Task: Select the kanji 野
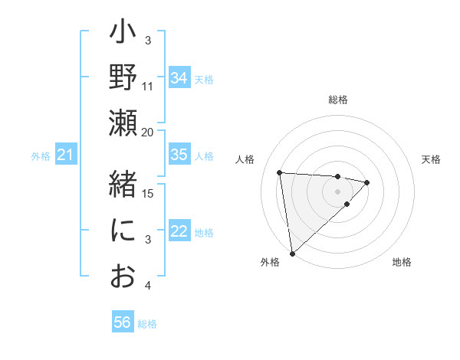tap(123, 77)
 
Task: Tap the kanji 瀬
tap(123, 123)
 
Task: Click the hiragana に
tap(123, 231)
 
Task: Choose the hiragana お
tap(123, 277)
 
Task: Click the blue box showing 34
tap(179, 78)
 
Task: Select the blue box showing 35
tap(179, 155)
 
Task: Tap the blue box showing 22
tap(179, 232)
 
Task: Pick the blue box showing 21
tap(65, 155)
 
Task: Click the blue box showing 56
tap(122, 322)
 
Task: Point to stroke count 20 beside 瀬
tap(148, 132)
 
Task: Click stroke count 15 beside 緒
tap(148, 193)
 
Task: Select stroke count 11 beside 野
tap(148, 86)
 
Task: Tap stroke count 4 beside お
tap(148, 286)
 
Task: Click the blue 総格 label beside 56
tap(147, 324)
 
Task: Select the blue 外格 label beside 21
tap(41, 156)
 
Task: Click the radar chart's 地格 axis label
tap(402, 262)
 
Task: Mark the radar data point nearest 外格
tap(292, 253)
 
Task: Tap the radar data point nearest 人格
tap(280, 172)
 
